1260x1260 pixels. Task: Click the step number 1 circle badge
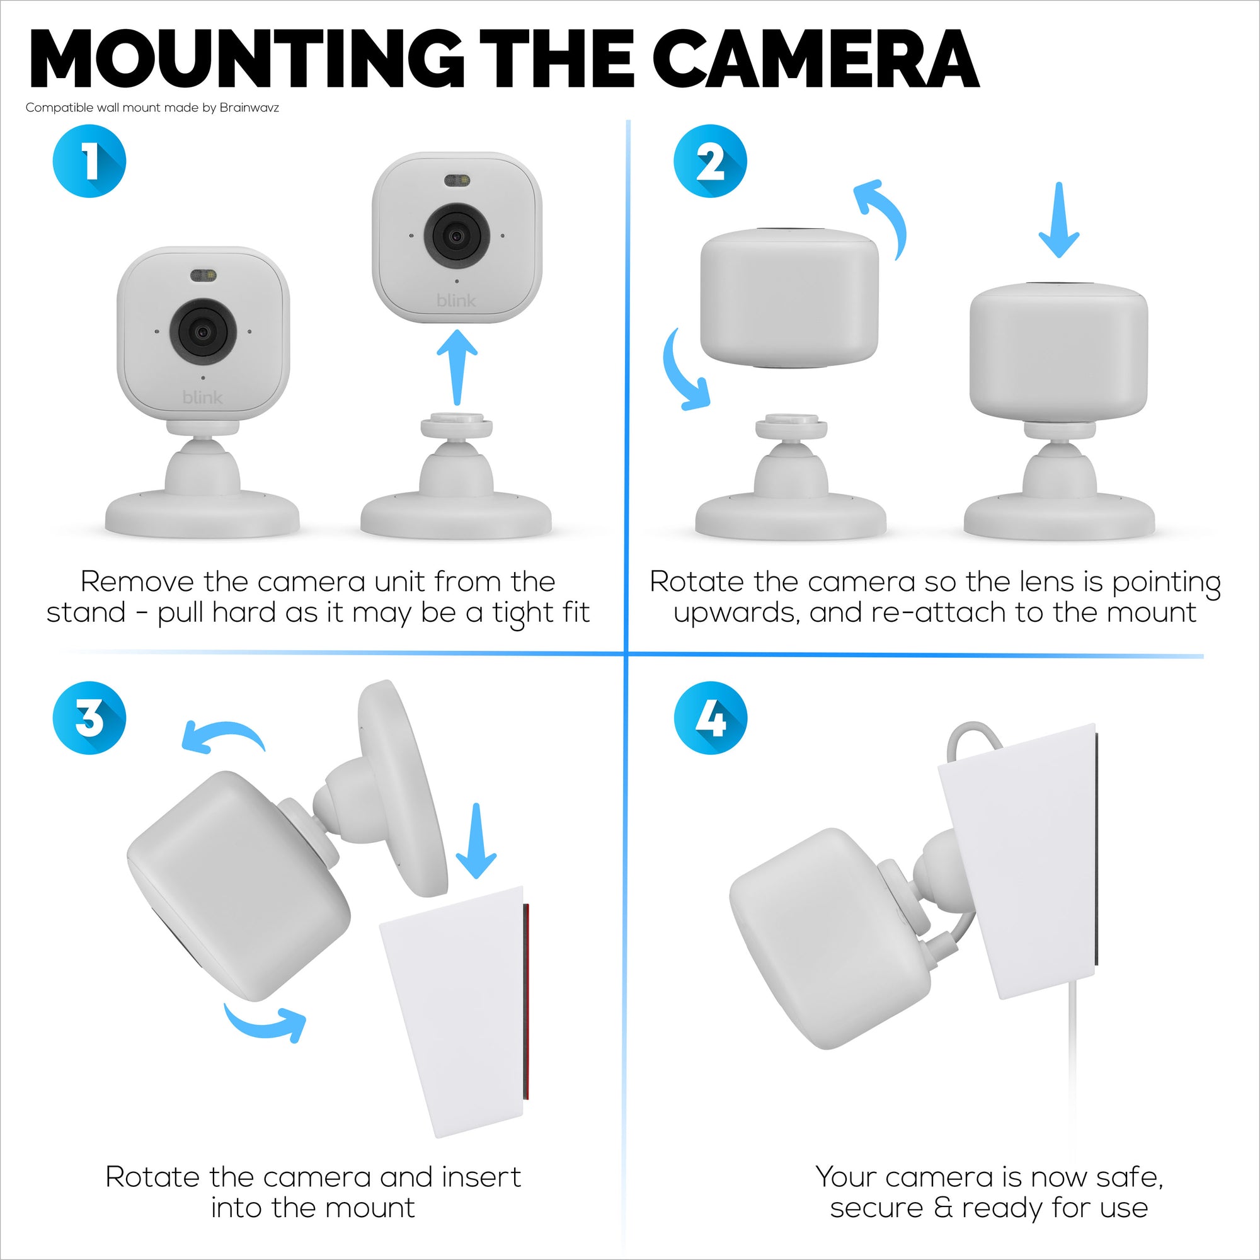(x=89, y=161)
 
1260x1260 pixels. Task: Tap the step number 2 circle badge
(x=709, y=161)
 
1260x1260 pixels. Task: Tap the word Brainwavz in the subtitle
(x=249, y=108)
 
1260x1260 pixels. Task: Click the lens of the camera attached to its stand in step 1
(x=203, y=332)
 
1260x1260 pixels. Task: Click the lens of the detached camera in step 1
(x=457, y=236)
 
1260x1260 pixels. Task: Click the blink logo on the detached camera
(x=456, y=301)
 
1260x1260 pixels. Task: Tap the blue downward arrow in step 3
(x=476, y=841)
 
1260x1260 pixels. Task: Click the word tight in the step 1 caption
(x=519, y=613)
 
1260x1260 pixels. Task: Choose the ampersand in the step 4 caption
(x=942, y=1207)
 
